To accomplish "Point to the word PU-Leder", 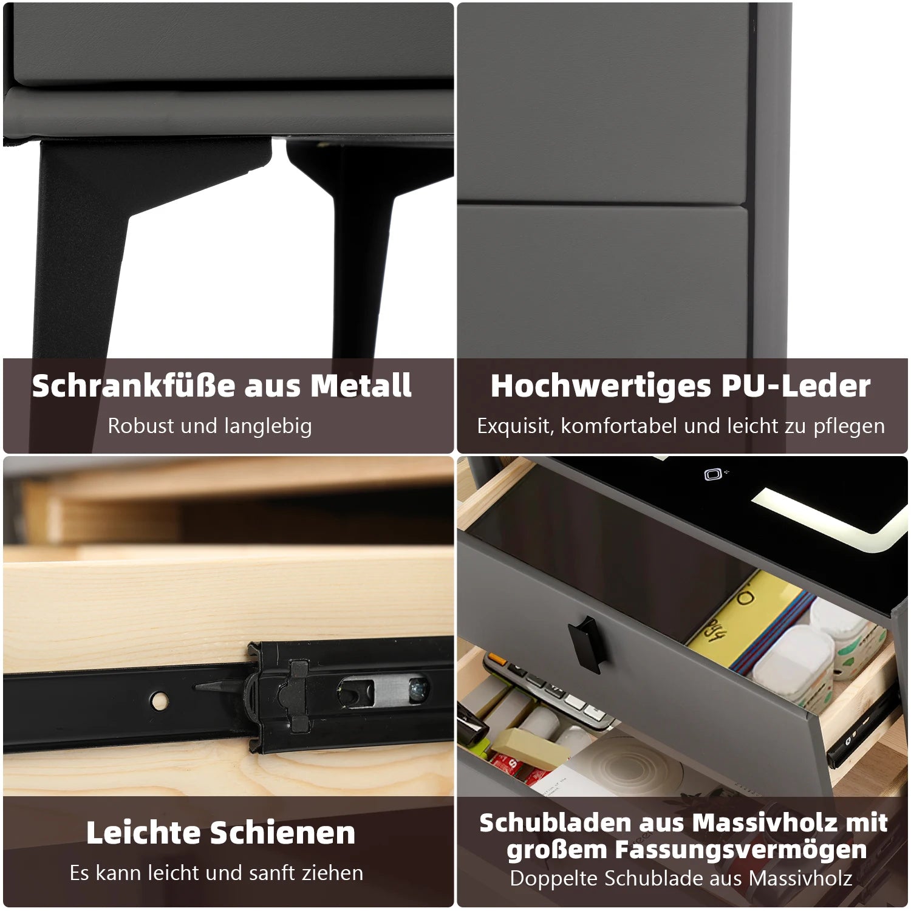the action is coord(796,386).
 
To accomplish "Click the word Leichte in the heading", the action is coord(143,833).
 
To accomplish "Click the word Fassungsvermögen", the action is coord(687,850).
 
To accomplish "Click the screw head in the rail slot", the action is coord(418,690).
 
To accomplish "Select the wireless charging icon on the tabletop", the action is coord(714,474).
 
